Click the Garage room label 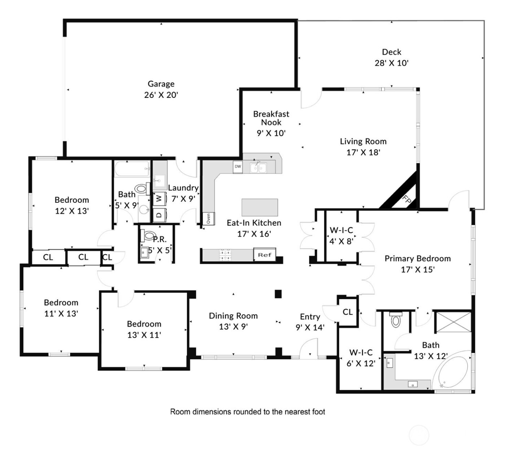(161, 84)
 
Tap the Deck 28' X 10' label (391, 58)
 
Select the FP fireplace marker (407, 200)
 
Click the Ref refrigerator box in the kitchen (264, 254)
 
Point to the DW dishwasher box (238, 166)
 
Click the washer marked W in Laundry (159, 198)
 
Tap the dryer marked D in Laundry (159, 215)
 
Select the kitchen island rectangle (260, 207)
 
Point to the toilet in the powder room (148, 235)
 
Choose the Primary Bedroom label (417, 259)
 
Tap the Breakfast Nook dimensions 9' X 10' (271, 133)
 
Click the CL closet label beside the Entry (347, 312)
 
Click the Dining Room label (233, 316)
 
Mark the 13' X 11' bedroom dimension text (144, 335)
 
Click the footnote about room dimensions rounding (247, 412)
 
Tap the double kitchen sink (258, 168)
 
